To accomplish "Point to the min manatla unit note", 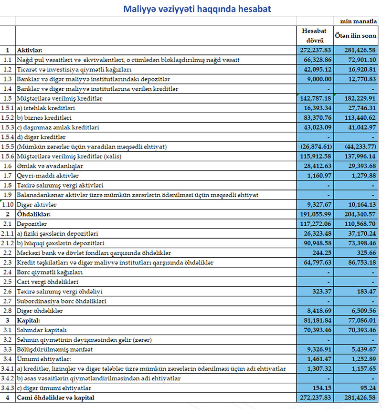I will click(359, 21).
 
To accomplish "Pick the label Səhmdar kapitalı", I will click(41, 330).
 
